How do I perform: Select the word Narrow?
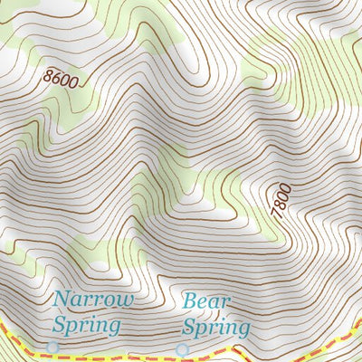pyautogui.click(x=93, y=300)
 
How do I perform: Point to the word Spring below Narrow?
pyautogui.click(x=86, y=323)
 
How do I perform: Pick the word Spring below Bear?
pyautogui.click(x=215, y=326)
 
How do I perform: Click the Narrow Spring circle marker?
pyautogui.click(x=52, y=347)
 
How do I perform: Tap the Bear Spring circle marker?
pyautogui.click(x=183, y=348)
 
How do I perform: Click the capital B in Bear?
pyautogui.click(x=190, y=300)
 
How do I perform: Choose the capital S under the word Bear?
pyautogui.click(x=189, y=326)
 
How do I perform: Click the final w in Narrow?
pyautogui.click(x=126, y=300)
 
